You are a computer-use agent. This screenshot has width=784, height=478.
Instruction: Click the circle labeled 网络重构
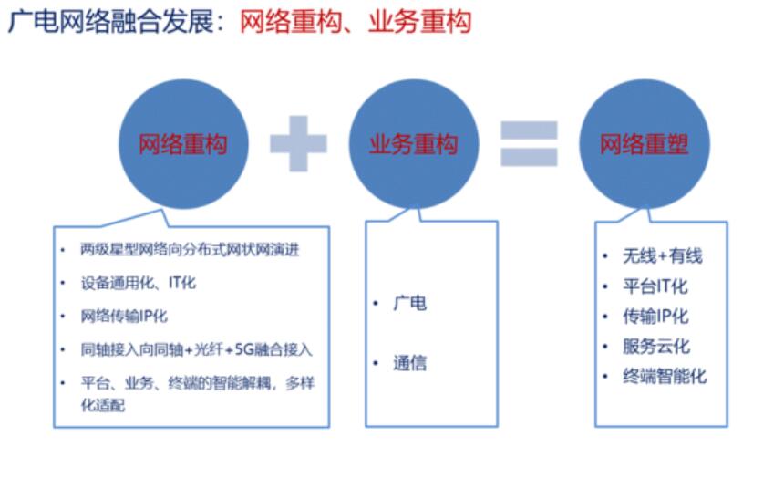click(x=183, y=144)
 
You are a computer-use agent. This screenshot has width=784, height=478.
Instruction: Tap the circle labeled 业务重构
click(x=414, y=144)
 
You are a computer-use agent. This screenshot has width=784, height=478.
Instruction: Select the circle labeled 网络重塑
click(x=645, y=144)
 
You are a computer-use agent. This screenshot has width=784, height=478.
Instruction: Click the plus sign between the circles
click(x=298, y=143)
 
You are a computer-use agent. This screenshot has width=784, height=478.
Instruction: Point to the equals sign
click(x=529, y=143)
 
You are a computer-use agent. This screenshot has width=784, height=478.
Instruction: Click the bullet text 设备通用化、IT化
click(x=139, y=284)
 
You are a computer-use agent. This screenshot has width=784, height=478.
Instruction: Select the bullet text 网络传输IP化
click(x=124, y=317)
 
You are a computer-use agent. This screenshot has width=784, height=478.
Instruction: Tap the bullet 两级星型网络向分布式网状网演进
click(x=190, y=249)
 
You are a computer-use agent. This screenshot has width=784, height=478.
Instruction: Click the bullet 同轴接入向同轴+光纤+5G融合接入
click(x=197, y=349)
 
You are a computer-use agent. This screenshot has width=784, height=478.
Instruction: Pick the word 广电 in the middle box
click(x=410, y=303)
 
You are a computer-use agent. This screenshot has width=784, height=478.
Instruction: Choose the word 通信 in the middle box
click(x=410, y=363)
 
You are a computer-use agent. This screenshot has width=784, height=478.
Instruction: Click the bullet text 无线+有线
click(x=663, y=256)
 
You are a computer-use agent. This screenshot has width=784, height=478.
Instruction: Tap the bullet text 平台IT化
click(x=655, y=286)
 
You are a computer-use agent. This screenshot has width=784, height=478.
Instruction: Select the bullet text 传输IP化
click(x=655, y=317)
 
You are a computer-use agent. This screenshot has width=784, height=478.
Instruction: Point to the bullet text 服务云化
click(x=656, y=347)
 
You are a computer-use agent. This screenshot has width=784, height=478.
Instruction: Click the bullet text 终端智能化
click(x=665, y=377)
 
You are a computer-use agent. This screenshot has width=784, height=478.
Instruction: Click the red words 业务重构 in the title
click(x=420, y=22)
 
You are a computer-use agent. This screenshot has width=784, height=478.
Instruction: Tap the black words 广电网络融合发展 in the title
click(x=111, y=22)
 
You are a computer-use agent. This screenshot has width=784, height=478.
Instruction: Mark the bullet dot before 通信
click(x=376, y=363)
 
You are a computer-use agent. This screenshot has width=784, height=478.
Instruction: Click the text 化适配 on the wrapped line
click(x=103, y=405)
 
